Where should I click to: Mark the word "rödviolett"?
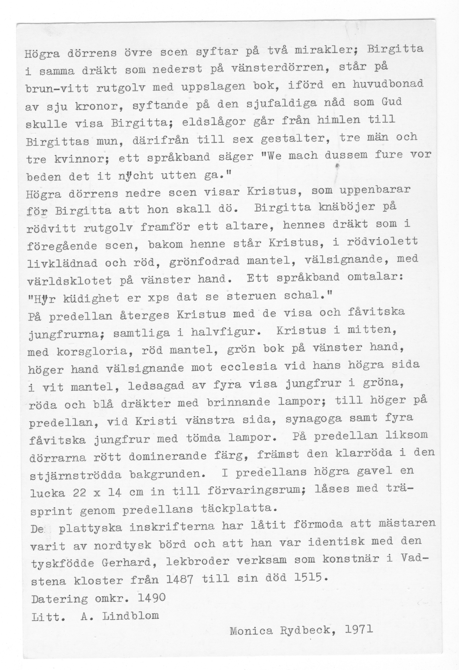point(382,241)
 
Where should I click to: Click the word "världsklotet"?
point(69,280)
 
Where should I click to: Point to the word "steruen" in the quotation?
point(251,296)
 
